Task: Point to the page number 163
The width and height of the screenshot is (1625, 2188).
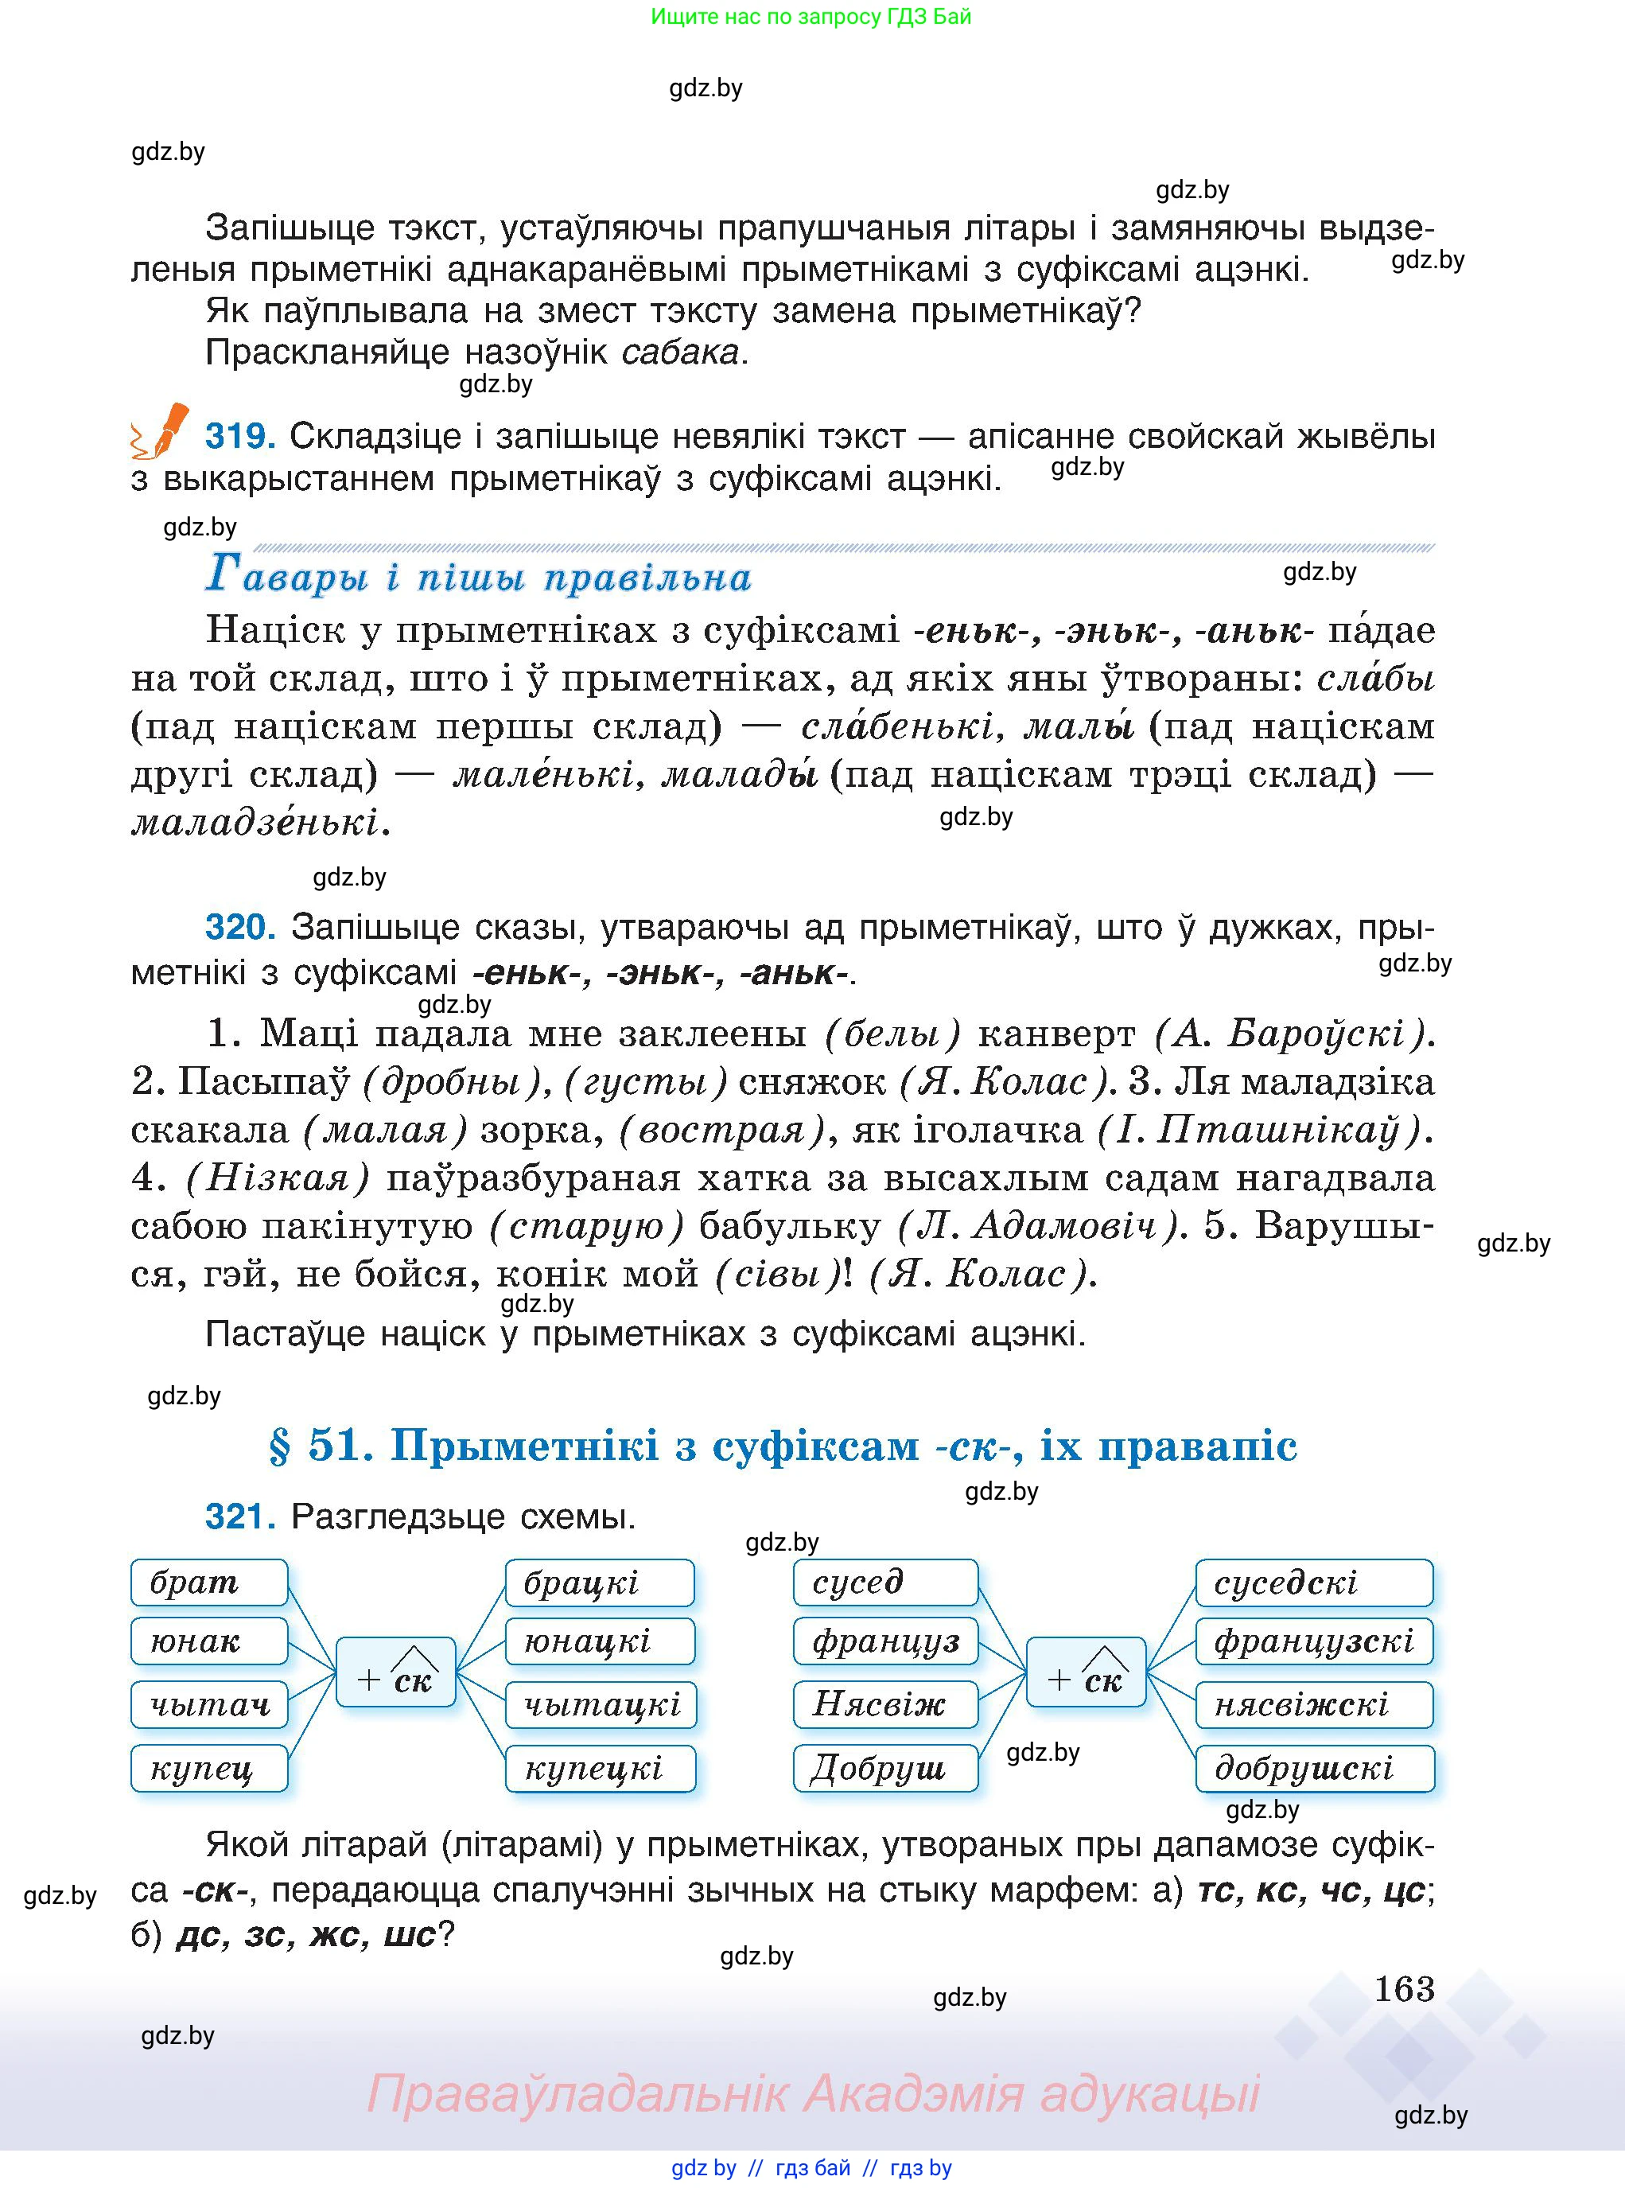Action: [x=1404, y=1989]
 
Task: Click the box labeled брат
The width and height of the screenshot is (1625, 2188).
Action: [x=208, y=1582]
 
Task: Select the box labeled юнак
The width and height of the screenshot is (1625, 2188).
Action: [x=208, y=1641]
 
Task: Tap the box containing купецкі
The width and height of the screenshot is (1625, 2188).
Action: [x=600, y=1768]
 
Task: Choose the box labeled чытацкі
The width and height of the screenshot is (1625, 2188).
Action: [x=600, y=1704]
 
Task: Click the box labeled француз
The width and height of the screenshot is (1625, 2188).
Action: [x=885, y=1641]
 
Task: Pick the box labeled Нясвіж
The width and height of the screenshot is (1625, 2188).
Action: [x=885, y=1704]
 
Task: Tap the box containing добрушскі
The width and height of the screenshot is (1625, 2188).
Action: [x=1314, y=1768]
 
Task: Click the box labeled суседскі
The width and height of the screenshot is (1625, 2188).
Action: [x=1314, y=1582]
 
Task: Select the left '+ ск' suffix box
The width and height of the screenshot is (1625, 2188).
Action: [x=395, y=1672]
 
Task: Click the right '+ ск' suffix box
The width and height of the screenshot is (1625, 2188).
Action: [x=1086, y=1672]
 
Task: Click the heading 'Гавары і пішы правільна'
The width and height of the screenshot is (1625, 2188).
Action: [x=478, y=575]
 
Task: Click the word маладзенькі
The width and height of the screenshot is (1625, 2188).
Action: [x=256, y=821]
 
